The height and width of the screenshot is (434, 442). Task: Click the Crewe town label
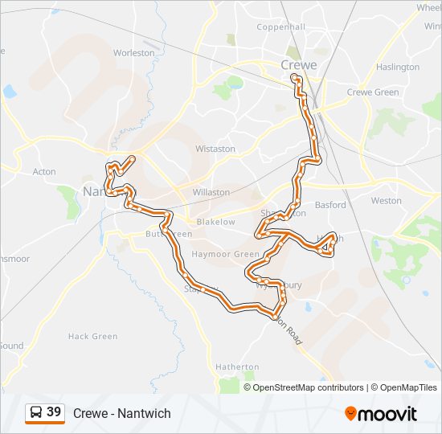pos(298,65)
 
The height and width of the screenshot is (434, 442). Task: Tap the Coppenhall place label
pos(281,27)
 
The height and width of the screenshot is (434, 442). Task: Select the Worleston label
pos(133,53)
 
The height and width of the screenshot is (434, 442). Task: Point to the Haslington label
pos(397,67)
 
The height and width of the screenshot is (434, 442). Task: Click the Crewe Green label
pos(372,92)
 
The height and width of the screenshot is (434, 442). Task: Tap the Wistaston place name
pos(215,149)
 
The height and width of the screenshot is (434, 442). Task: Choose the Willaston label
pos(211,193)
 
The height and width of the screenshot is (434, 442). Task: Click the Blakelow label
pos(216,222)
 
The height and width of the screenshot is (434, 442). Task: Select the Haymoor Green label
pos(226,254)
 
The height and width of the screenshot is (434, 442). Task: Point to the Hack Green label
pos(92,337)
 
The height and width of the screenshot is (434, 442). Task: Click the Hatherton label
pos(237,366)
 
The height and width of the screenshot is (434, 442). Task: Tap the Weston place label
pos(386,201)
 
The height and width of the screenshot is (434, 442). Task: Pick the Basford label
pos(330,205)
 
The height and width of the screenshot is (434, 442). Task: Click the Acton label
pos(44,172)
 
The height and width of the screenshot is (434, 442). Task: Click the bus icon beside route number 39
pos(36,413)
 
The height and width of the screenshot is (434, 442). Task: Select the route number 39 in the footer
pos(54,412)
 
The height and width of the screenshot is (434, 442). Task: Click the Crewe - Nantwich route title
pos(121,413)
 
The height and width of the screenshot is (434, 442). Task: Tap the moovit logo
pos(381,414)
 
